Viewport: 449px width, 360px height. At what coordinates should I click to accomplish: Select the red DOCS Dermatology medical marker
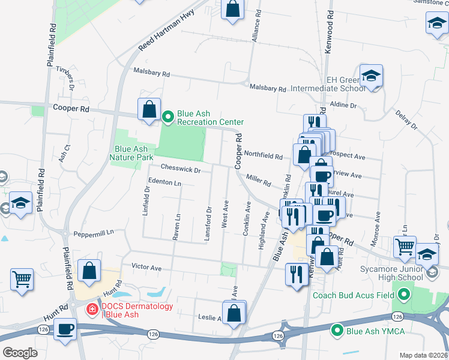tap(92, 310)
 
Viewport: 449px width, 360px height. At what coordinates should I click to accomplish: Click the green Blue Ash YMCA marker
tap(337, 329)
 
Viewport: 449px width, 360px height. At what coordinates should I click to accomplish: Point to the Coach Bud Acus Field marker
tap(404, 295)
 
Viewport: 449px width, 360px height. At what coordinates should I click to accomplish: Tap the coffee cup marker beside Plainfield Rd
tap(65, 329)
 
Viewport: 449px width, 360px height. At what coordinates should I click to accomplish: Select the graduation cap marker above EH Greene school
tap(371, 76)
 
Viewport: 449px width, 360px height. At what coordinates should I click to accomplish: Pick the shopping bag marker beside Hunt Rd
tap(89, 270)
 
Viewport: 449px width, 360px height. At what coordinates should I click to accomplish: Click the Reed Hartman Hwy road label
tap(160, 35)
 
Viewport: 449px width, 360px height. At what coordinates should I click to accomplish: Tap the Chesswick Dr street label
tap(179, 170)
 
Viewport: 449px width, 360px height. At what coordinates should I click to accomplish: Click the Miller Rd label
tap(259, 179)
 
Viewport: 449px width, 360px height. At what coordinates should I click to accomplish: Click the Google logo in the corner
tap(20, 353)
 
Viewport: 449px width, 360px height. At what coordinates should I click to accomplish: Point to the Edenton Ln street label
tap(164, 182)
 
